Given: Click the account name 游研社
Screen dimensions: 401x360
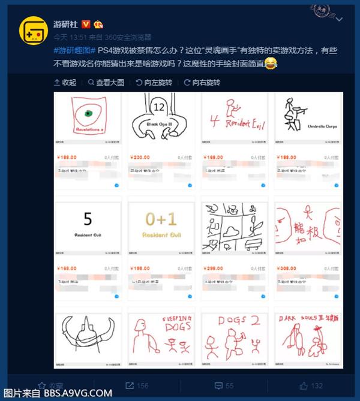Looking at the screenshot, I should click(66, 25).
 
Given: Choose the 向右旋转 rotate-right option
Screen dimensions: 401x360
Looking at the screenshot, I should click(203, 82).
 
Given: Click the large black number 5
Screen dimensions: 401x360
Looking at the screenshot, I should click(88, 219).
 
